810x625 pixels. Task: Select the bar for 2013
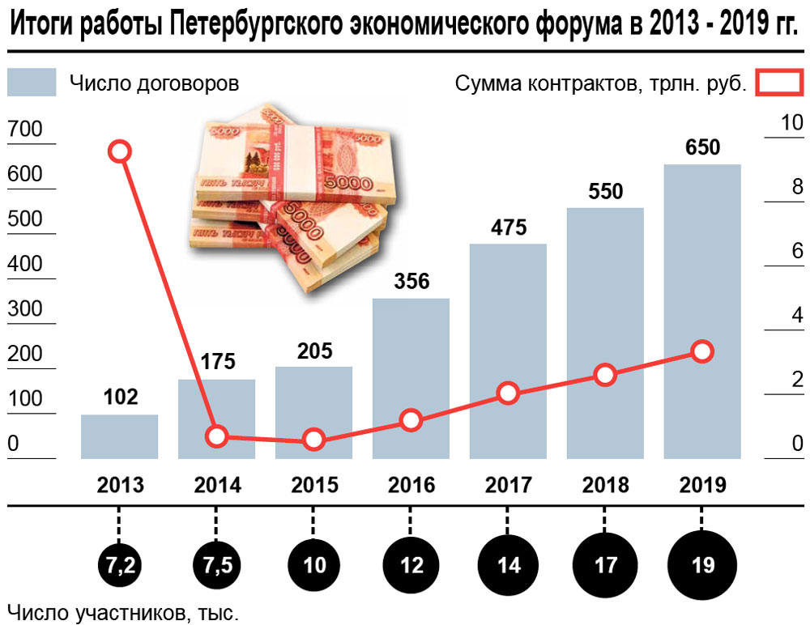click(x=120, y=436)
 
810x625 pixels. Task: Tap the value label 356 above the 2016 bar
click(x=411, y=283)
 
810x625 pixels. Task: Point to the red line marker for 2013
click(x=120, y=151)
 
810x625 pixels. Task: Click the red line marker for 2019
click(x=702, y=351)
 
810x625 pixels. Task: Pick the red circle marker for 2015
click(x=314, y=440)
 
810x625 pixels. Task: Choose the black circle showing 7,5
click(x=217, y=564)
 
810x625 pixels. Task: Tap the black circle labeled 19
click(x=703, y=564)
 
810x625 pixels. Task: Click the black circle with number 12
click(x=411, y=564)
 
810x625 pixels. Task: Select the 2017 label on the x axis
click(x=509, y=486)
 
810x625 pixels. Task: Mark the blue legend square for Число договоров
click(x=32, y=83)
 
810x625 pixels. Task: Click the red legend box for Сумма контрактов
click(x=778, y=83)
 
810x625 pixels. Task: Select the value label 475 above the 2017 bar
click(x=509, y=227)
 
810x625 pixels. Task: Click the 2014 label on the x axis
click(x=217, y=486)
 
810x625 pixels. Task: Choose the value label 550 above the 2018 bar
click(x=606, y=192)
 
